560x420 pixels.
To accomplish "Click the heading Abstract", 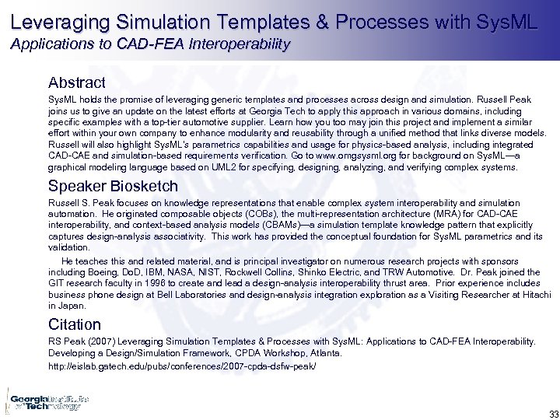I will (76, 82).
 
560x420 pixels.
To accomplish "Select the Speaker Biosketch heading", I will (113, 186).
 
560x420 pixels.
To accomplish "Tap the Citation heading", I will (75, 324).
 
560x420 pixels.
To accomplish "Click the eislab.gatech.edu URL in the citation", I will (183, 365).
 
